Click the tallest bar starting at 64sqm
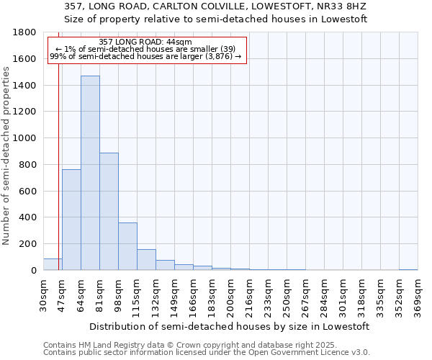(90, 173)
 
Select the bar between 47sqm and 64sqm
(71, 220)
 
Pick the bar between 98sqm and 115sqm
(127, 246)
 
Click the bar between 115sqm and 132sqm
(146, 260)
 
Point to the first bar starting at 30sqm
(53, 264)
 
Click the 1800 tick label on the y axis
(25, 32)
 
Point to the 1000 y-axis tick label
(25, 138)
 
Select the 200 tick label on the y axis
(28, 244)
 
